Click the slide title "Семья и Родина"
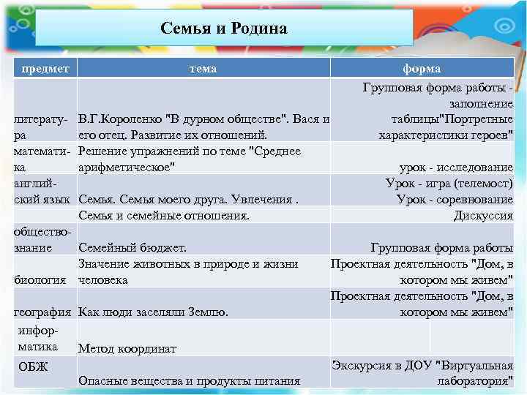223,29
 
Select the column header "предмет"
46,68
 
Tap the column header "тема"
203,68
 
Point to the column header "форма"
422,68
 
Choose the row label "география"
43,312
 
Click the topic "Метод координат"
127,349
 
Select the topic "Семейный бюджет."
132,248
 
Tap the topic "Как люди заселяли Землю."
153,312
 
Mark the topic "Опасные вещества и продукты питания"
189,380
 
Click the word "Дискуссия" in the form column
483,216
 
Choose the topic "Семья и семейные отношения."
164,216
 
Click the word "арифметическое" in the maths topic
127,168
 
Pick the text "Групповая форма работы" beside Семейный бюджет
441,248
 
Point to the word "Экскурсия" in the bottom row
360,365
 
